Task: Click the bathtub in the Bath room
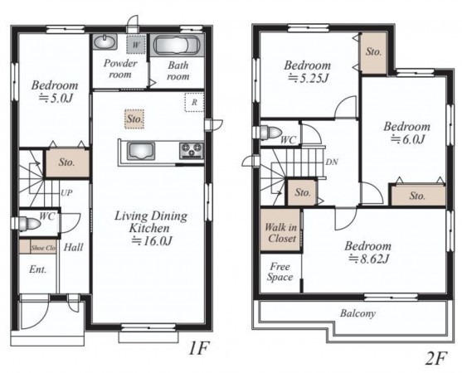point(177,46)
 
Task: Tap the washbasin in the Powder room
point(105,41)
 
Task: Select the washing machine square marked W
point(136,45)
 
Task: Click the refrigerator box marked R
point(194,102)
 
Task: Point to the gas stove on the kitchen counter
point(192,150)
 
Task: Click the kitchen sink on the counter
point(141,151)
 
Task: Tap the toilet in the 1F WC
point(29,224)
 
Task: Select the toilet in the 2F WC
point(270,132)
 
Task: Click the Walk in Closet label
point(281,233)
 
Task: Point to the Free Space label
point(280,272)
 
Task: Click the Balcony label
point(357,313)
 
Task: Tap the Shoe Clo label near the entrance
point(43,248)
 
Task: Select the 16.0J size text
point(151,241)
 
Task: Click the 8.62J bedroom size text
point(368,259)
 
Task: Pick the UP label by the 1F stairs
point(66,193)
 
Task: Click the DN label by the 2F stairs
point(332,162)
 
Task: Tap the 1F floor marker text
point(198,349)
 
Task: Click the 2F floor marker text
point(436,358)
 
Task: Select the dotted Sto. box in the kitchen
point(134,119)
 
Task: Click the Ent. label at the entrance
point(37,269)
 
